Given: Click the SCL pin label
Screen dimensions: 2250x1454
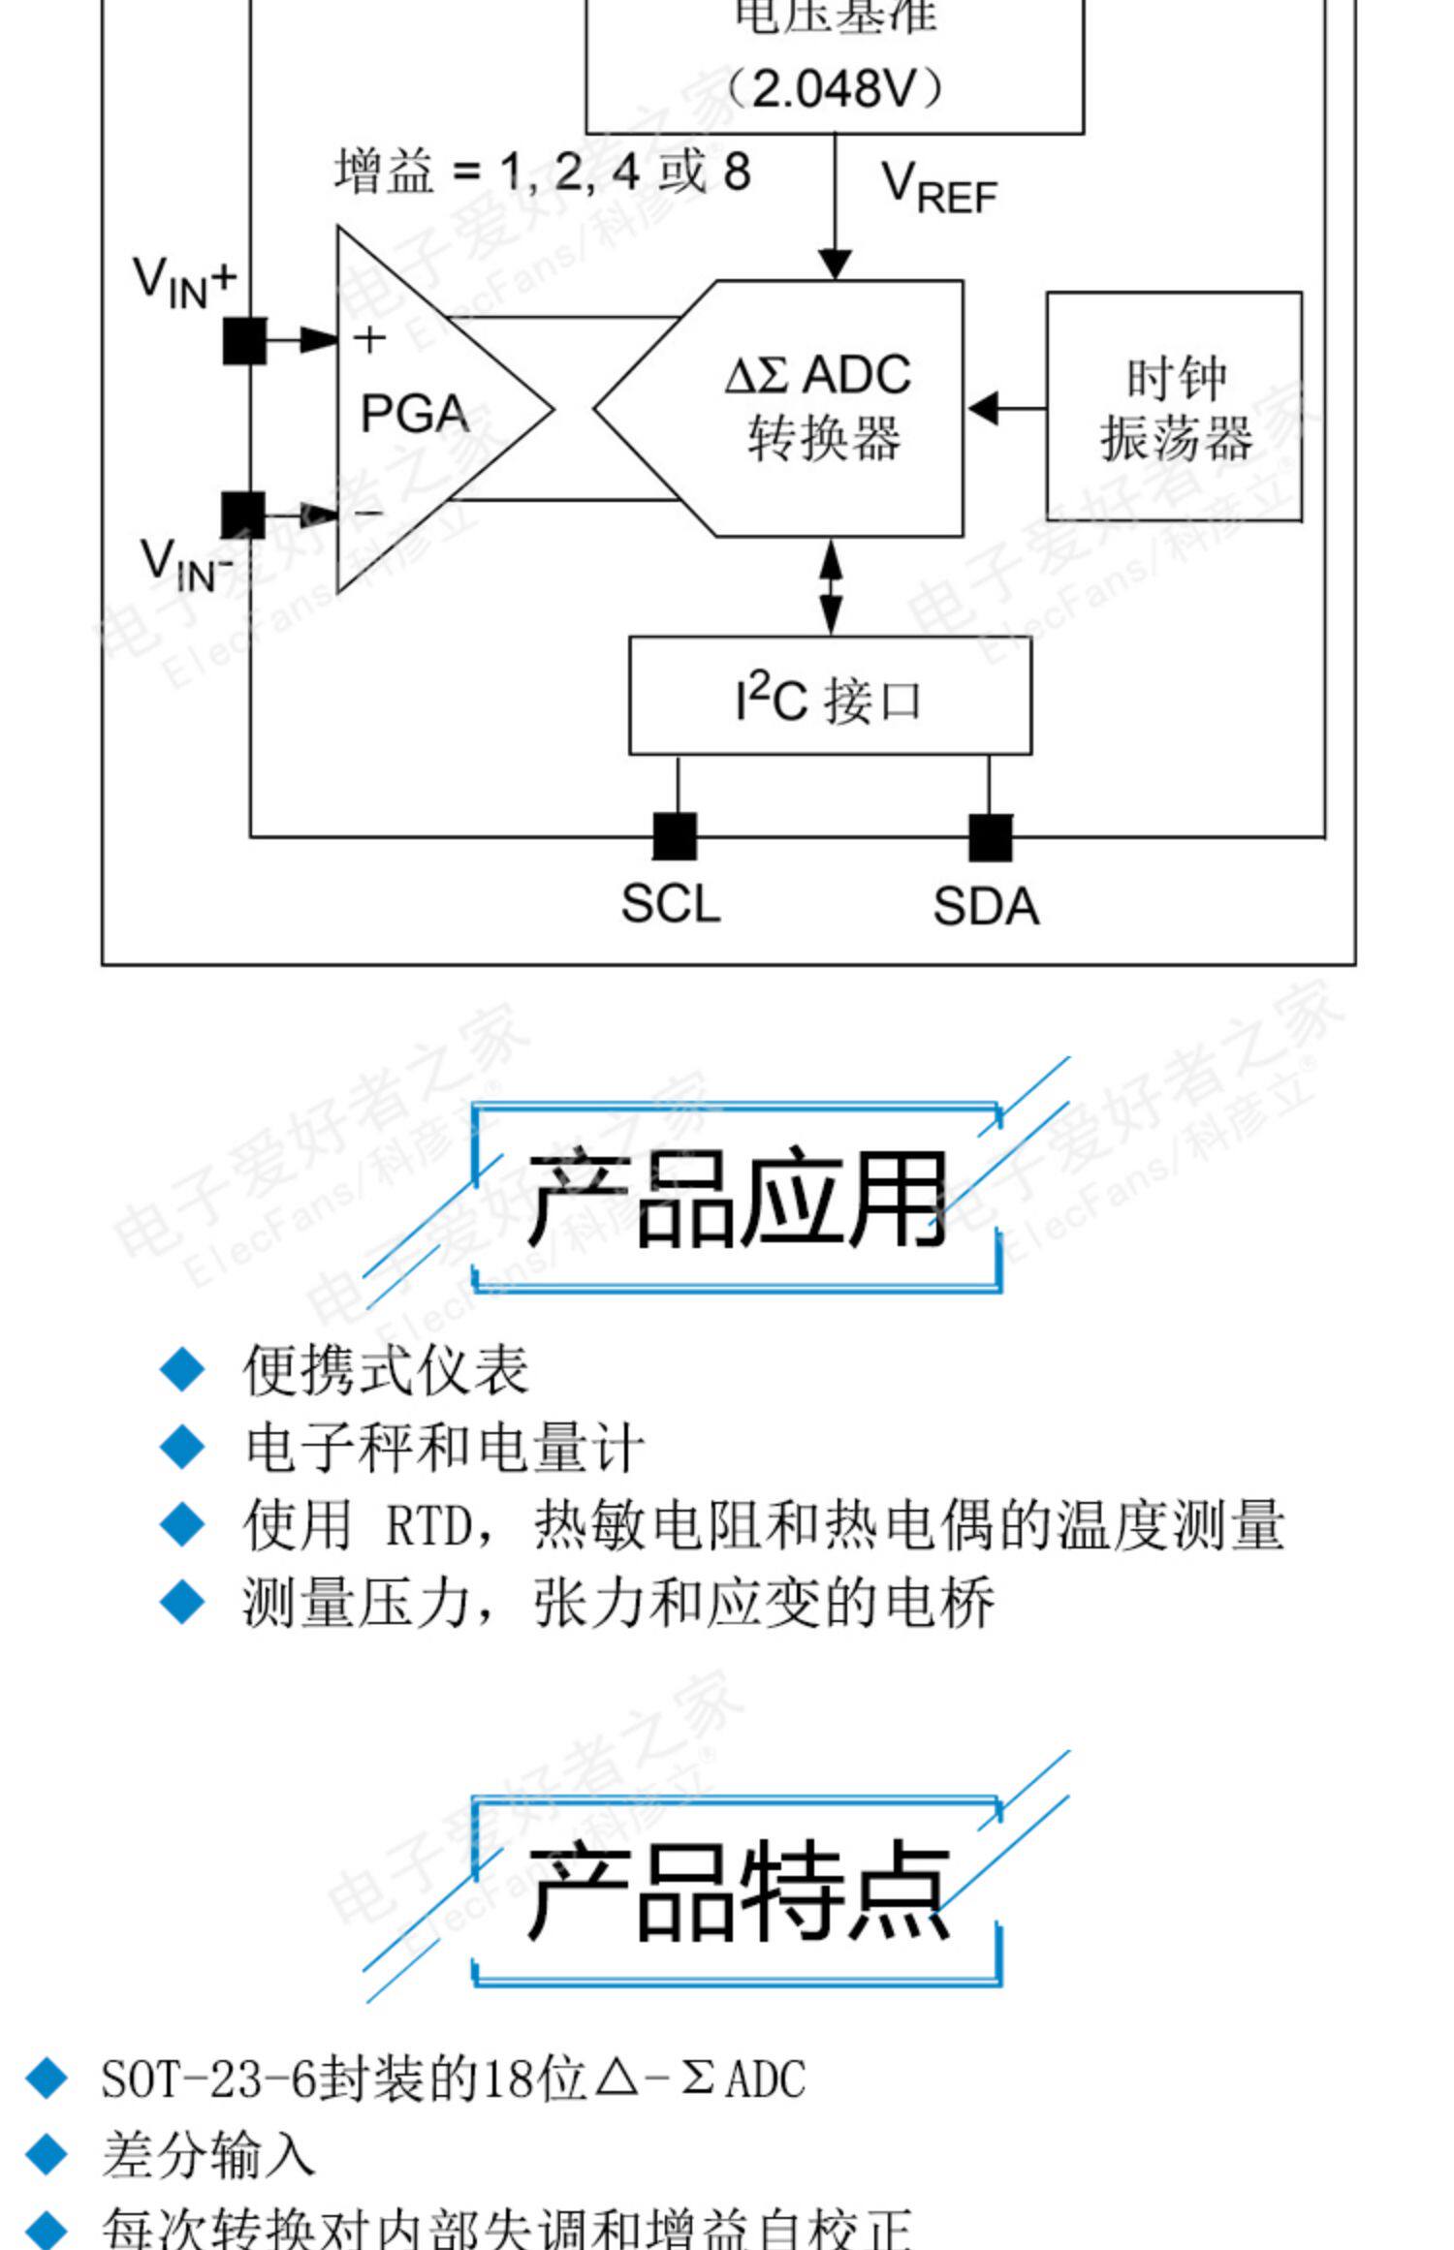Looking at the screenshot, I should (670, 904).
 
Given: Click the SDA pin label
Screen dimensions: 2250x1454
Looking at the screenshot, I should (985, 907).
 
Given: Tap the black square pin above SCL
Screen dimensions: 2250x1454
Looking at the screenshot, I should (675, 835).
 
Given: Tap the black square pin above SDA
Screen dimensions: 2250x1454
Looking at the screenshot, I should (990, 837).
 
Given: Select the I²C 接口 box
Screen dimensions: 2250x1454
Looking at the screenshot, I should (830, 696).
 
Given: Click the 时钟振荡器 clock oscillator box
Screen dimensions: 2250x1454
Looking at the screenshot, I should (1174, 407).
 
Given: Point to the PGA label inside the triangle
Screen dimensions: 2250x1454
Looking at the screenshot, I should (415, 415).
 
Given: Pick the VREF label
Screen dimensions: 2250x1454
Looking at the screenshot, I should (937, 188).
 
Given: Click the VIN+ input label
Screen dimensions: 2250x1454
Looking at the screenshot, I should (184, 282).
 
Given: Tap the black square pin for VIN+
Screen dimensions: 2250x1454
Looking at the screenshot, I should (244, 341).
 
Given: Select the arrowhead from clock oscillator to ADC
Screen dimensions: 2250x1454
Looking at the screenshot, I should (983, 408).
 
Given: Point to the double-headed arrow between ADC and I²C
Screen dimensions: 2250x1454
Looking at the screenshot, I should (831, 586).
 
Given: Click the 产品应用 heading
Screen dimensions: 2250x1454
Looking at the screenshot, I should (737, 1198).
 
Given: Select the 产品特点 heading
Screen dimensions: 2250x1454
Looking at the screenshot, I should (737, 1891).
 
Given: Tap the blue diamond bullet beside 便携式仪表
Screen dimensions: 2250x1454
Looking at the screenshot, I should (182, 1371).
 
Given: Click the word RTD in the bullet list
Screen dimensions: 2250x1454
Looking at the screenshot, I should (427, 1525).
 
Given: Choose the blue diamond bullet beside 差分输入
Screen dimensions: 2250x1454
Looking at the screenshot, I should (47, 2154).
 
